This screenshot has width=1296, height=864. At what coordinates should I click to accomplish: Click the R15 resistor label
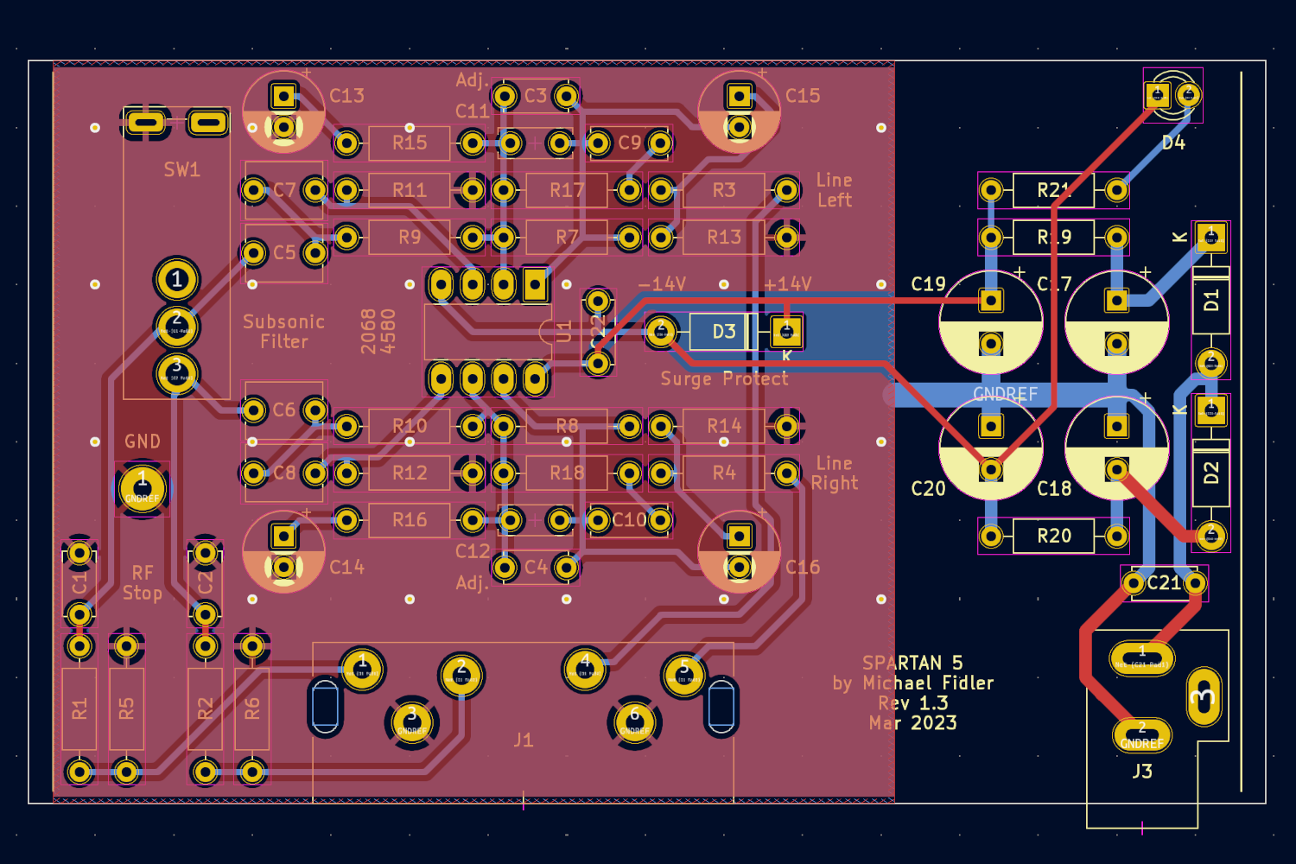(410, 143)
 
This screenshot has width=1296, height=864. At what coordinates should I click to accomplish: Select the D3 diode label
(724, 332)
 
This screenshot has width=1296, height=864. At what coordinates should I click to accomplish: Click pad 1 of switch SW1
(176, 279)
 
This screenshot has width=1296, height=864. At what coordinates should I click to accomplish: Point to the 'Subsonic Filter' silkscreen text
(283, 332)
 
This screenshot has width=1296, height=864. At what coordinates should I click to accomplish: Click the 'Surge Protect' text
(724, 378)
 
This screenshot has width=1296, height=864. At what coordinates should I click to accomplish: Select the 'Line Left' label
(834, 190)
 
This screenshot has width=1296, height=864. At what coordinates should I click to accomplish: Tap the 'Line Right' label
(834, 473)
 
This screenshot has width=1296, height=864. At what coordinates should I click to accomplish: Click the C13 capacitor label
(346, 96)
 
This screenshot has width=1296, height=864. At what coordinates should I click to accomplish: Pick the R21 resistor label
(1054, 190)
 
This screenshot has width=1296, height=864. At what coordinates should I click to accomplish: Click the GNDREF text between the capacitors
(1005, 394)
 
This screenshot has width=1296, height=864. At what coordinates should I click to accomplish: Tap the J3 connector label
(1142, 771)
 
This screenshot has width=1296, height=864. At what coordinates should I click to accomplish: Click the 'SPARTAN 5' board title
(912, 663)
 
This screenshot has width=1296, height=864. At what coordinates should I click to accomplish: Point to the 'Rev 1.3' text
(912, 703)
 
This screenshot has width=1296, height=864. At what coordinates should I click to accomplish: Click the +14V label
(787, 284)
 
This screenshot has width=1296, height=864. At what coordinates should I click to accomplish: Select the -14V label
(662, 284)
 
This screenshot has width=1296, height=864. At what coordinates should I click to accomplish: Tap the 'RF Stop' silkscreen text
(143, 583)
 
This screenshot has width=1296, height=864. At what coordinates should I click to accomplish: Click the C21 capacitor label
(1164, 583)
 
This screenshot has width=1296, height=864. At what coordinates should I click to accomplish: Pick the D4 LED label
(1173, 143)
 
